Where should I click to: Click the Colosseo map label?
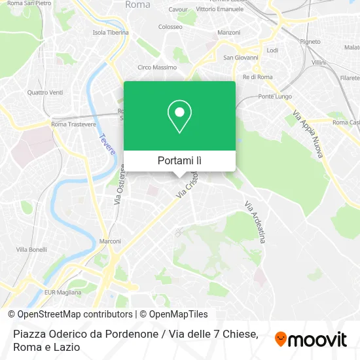pyautogui.click(x=170, y=27)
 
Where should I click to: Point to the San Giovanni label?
pyautogui.click(x=238, y=57)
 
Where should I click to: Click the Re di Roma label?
pyautogui.click(x=239, y=77)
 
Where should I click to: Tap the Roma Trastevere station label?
pyautogui.click(x=73, y=124)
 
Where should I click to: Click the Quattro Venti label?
pyautogui.click(x=45, y=92)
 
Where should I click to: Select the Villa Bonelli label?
pyautogui.click(x=31, y=249)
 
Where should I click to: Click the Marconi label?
pyautogui.click(x=109, y=241)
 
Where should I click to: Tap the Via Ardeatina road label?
pyautogui.click(x=255, y=222)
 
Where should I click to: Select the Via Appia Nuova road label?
pyautogui.click(x=308, y=134)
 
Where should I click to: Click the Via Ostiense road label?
pyautogui.click(x=120, y=185)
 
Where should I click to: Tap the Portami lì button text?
pyautogui.click(x=179, y=160)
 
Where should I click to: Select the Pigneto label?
pyautogui.click(x=310, y=41)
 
